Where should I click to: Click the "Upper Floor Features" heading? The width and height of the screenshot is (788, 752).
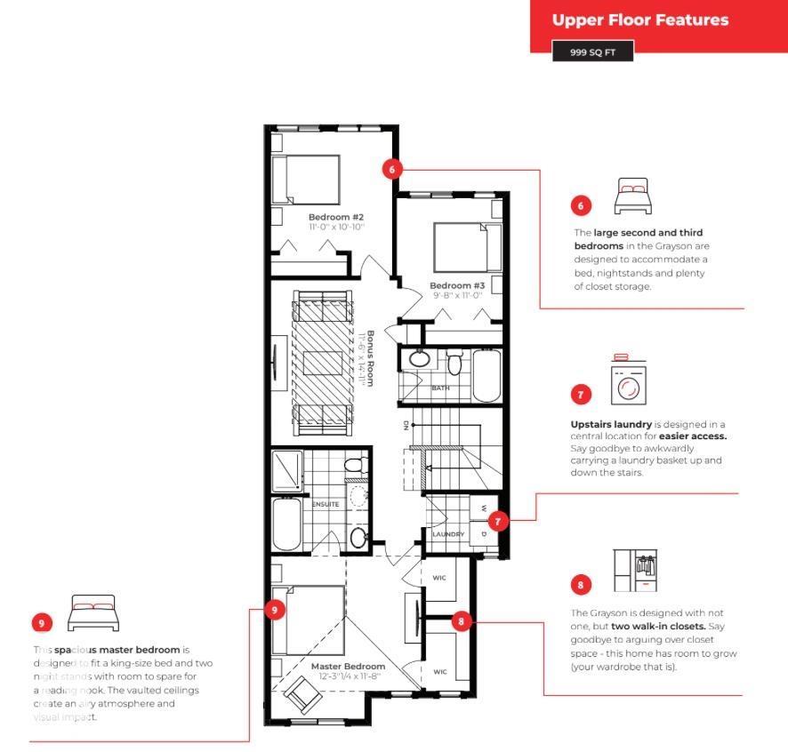(x=639, y=20)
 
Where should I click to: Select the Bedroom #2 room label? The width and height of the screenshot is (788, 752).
(x=336, y=217)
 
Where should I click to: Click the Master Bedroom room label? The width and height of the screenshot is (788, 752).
(x=348, y=666)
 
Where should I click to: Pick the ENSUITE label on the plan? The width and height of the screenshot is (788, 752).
(x=325, y=504)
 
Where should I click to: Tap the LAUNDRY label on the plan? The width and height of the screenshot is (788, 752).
(x=448, y=534)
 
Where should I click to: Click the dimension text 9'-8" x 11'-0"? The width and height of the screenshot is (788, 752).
(x=456, y=295)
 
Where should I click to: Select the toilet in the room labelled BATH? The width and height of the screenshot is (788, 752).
(x=455, y=363)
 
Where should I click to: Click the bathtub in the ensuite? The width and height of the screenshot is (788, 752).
(x=287, y=524)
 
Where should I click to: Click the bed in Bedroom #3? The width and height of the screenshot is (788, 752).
(x=460, y=245)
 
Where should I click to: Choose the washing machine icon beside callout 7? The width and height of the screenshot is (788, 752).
(x=630, y=383)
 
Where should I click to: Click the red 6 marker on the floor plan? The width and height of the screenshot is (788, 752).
(x=393, y=168)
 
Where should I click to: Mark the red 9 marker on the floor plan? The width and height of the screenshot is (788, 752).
(x=275, y=610)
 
